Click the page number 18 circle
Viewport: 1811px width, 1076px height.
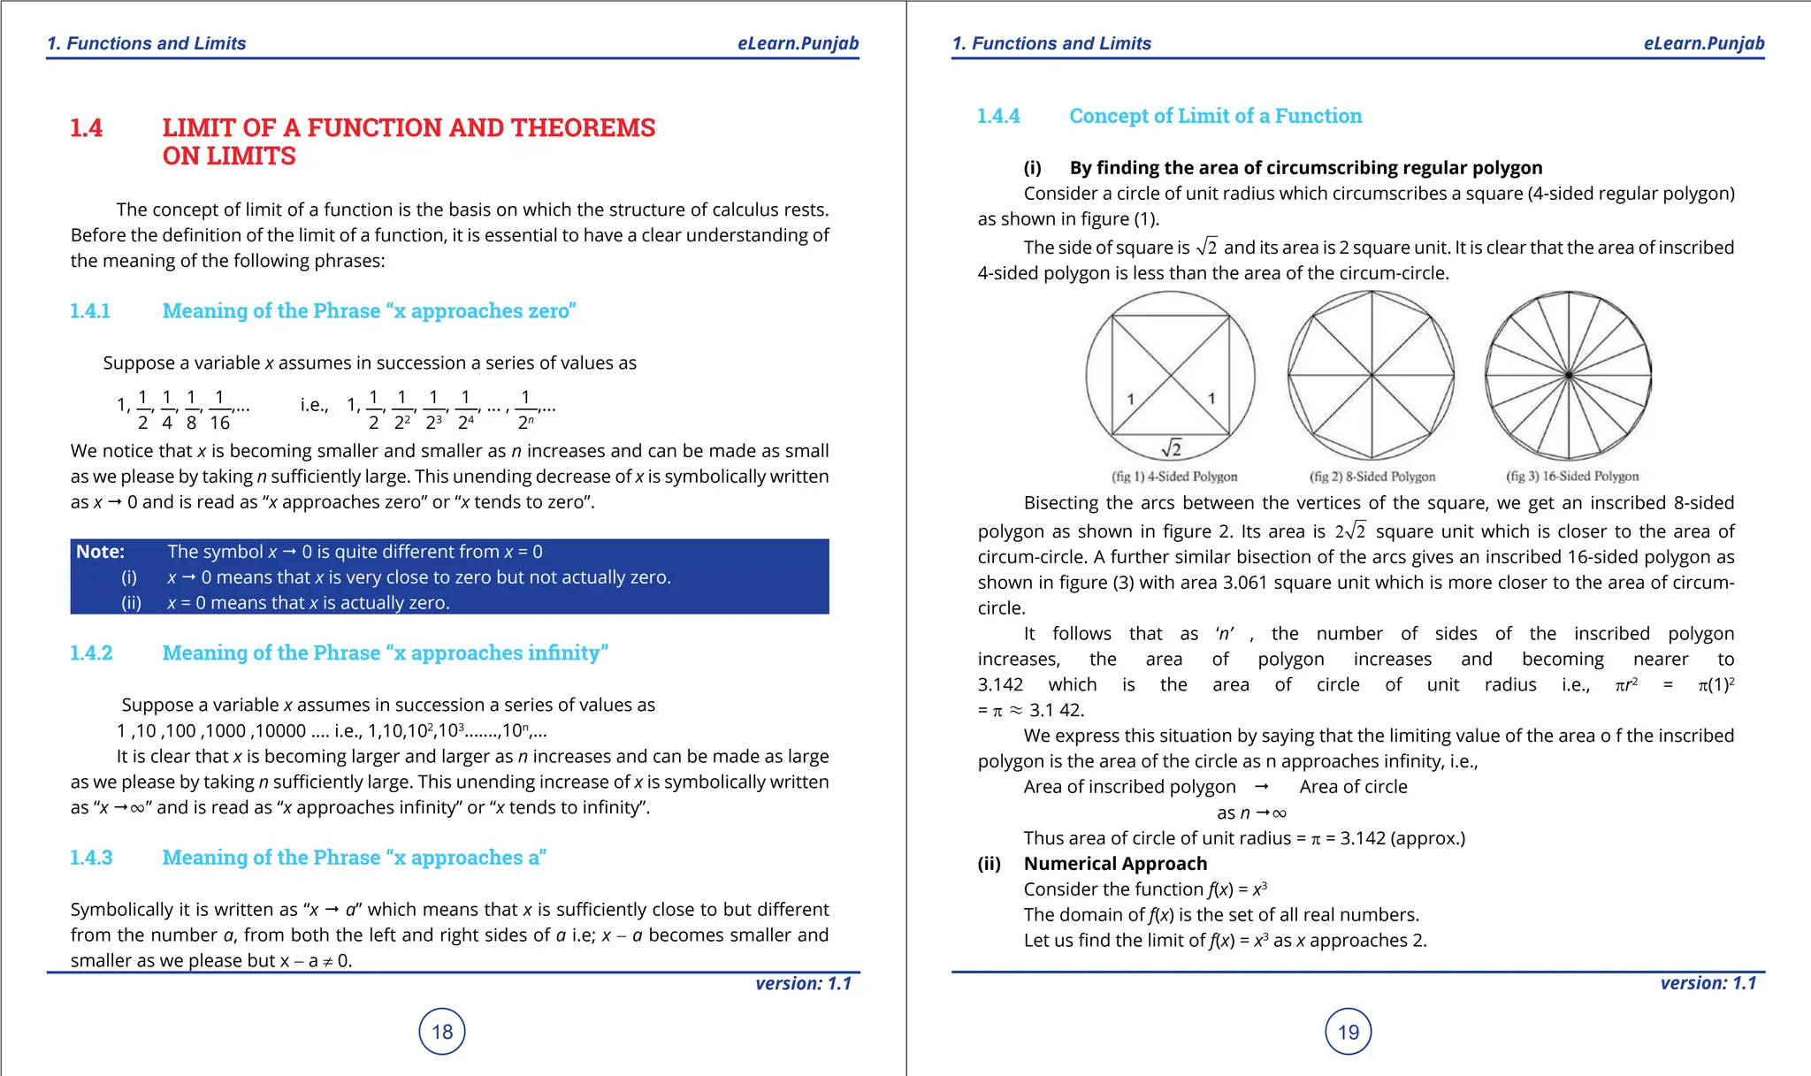click(441, 1031)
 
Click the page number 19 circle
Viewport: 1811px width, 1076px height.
click(1348, 1031)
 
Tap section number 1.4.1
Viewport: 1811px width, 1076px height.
click(90, 311)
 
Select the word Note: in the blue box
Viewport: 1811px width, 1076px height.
click(100, 552)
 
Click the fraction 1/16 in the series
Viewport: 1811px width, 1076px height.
click(219, 409)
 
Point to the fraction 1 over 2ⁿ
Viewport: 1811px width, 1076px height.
click(525, 409)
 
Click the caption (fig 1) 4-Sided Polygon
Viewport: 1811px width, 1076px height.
click(1173, 477)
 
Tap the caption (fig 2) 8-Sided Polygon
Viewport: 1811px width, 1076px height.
click(1372, 477)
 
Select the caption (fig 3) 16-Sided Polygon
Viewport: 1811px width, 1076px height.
click(1571, 477)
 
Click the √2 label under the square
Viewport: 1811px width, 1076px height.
click(1172, 448)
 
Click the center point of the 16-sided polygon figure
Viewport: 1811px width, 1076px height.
click(1569, 376)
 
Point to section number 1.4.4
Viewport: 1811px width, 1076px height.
click(998, 116)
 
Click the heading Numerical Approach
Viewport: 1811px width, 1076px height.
click(1114, 864)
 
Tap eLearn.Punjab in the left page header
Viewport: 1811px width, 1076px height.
click(798, 43)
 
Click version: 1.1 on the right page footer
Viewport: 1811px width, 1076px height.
click(1708, 983)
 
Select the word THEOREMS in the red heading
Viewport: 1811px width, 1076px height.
click(583, 128)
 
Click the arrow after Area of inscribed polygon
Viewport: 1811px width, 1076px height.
click(1262, 787)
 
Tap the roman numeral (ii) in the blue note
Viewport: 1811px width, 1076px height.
click(131, 603)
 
